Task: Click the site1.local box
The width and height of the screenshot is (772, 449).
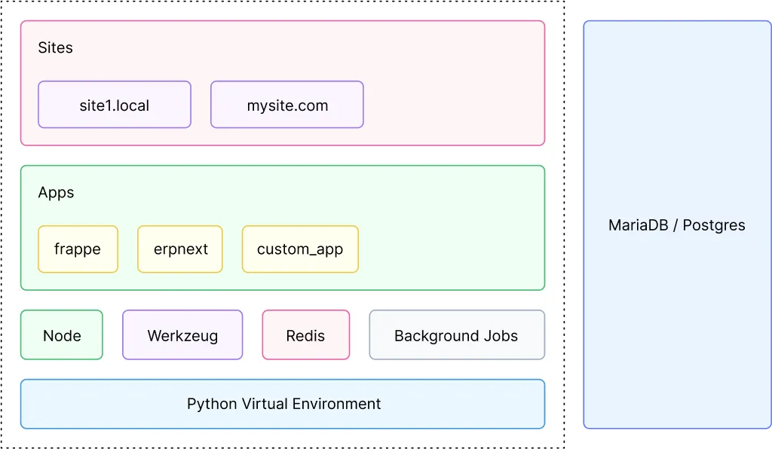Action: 115,105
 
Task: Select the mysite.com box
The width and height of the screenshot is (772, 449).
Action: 287,105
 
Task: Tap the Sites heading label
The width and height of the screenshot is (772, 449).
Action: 55,47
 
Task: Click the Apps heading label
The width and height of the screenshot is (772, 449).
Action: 56,193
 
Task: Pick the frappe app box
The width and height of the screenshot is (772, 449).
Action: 78,249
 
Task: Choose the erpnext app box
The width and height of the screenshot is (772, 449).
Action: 180,249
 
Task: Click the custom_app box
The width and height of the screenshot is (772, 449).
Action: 300,249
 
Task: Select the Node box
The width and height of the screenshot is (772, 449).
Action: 62,335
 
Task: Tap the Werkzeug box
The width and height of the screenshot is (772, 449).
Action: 182,335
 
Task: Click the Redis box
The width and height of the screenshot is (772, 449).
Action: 305,335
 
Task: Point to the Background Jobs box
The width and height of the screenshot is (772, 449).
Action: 456,335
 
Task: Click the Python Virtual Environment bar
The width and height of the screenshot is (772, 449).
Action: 283,404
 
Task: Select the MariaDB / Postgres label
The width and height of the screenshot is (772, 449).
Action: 676,225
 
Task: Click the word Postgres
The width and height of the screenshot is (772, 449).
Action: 713,225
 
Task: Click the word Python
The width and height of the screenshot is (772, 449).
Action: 212,405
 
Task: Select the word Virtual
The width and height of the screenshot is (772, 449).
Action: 264,404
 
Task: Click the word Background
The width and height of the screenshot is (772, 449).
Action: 436,336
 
